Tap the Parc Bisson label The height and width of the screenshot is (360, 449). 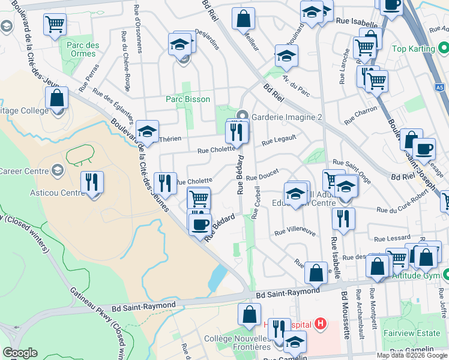coord(188,100)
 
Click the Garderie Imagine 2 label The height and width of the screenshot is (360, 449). coord(287,117)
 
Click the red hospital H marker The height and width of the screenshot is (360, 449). coord(320,325)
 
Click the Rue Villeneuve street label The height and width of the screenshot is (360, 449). coord(294,231)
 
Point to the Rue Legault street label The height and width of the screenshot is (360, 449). coord(279,142)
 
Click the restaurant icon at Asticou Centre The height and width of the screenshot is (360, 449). coord(92,182)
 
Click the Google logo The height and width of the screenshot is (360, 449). coord(20,352)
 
